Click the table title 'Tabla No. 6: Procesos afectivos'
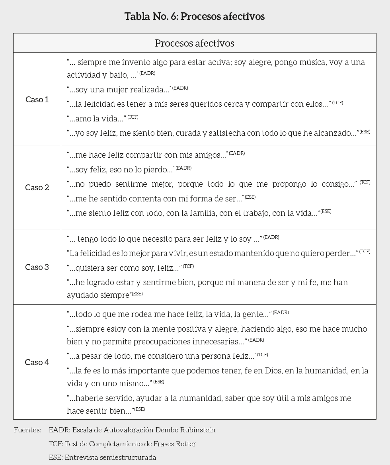pyautogui.click(x=195, y=16)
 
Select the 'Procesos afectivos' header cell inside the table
pyautogui.click(x=195, y=43)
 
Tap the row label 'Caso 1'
pyautogui.click(x=37, y=100)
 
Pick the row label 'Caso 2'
pyautogui.click(x=37, y=188)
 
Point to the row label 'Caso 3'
pyautogui.click(x=37, y=267)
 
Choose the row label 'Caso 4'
pyautogui.click(x=37, y=362)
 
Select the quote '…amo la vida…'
pyautogui.click(x=97, y=119)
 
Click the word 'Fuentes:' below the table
pyautogui.click(x=27, y=430)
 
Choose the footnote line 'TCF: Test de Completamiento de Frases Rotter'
pyautogui.click(x=123, y=444)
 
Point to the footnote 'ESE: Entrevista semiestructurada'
pyautogui.click(x=103, y=457)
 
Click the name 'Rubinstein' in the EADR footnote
pyautogui.click(x=196, y=430)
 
